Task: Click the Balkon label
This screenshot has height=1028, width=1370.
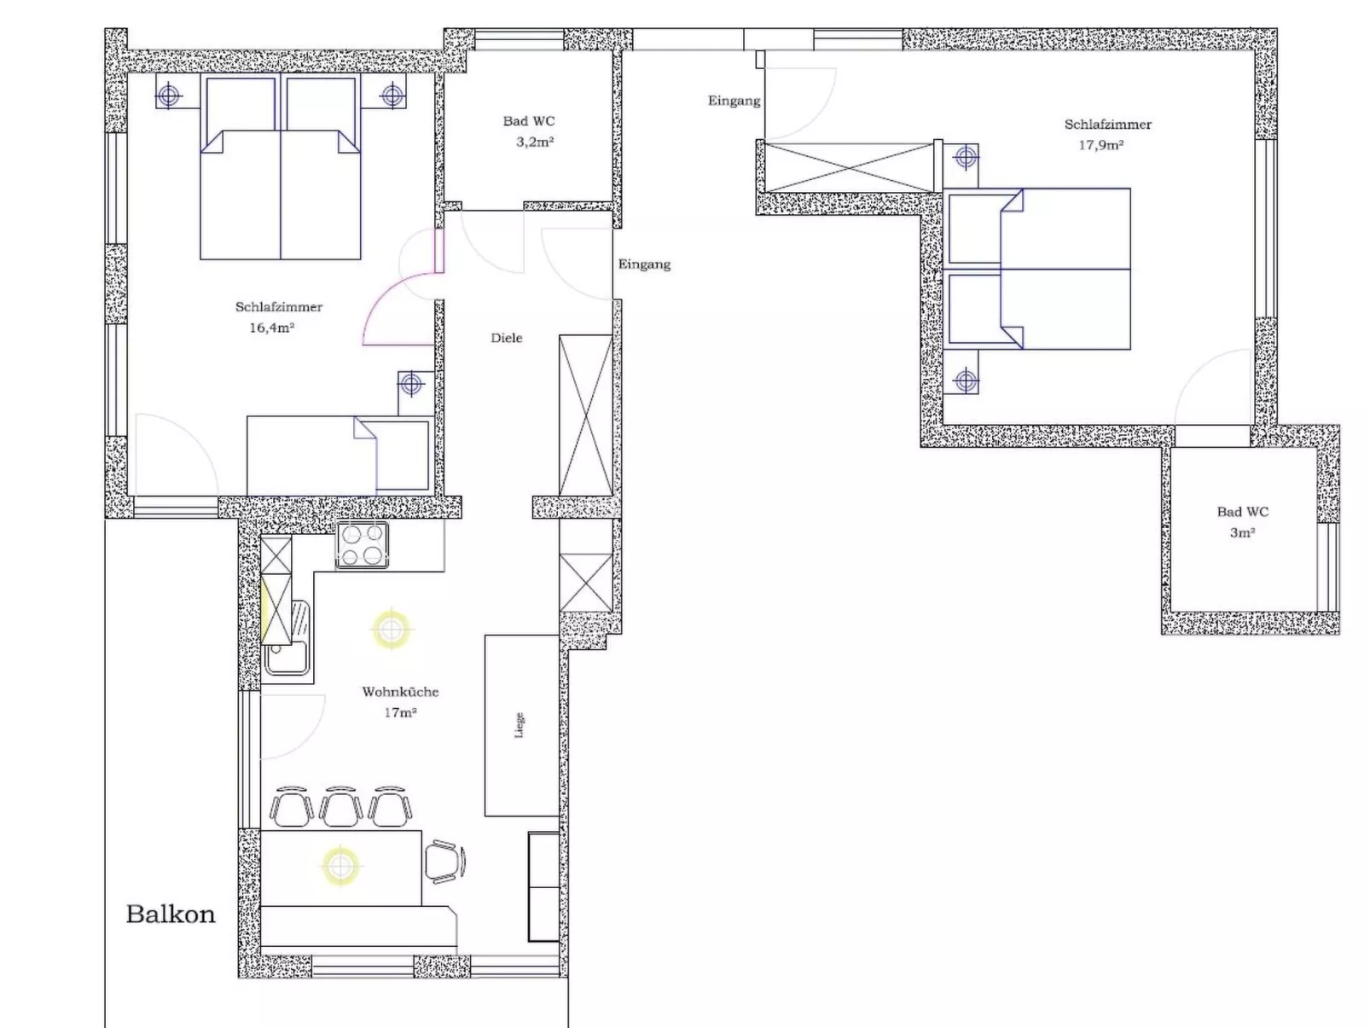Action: coord(170,915)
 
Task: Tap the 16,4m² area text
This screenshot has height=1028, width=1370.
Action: coord(271,328)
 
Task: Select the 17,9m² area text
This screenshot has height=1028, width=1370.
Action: coord(1100,145)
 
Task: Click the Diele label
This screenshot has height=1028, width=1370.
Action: coord(506,338)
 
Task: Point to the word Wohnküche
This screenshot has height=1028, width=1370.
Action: coord(399,692)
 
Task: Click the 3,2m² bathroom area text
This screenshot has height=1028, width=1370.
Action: coord(535,142)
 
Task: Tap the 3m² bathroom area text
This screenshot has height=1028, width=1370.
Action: coord(1242,532)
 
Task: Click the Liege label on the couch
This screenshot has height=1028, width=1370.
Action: coord(520,725)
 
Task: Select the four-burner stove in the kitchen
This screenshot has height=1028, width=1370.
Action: coord(363,545)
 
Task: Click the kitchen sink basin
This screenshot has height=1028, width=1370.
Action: coord(287,657)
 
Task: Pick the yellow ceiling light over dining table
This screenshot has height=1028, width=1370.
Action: coord(340,866)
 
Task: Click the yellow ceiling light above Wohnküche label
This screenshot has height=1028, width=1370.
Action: coord(391,630)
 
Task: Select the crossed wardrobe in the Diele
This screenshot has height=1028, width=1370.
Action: coord(585,415)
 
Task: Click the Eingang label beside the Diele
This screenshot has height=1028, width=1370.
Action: coord(644,264)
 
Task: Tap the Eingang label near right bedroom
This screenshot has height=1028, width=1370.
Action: coord(734,101)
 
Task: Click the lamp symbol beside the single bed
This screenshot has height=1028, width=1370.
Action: coord(411,384)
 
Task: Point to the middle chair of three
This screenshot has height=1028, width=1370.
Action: coord(340,807)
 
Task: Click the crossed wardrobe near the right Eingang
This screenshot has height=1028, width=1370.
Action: coord(849,167)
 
